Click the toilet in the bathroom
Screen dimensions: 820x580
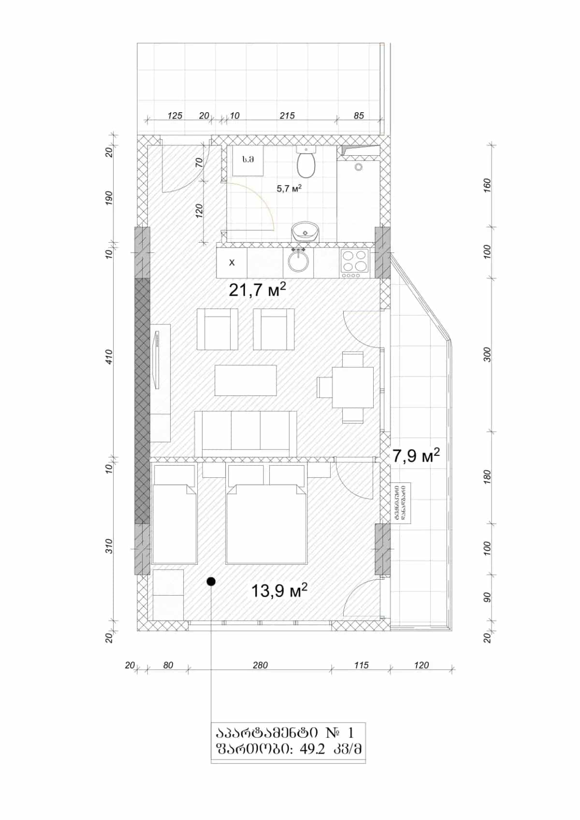pos(306,163)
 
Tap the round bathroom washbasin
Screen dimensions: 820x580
pos(305,233)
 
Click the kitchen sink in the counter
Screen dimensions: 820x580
pos(298,262)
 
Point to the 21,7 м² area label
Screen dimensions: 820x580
pos(257,290)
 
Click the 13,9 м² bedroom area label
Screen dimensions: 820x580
pos(279,590)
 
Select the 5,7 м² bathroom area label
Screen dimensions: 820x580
pos(289,189)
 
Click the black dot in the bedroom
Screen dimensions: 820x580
pos(211,581)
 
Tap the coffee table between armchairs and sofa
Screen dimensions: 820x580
pos(246,381)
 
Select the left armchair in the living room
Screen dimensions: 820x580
pos(217,330)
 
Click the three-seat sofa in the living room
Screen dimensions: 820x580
pos(246,433)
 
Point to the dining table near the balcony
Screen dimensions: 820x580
pos(352,387)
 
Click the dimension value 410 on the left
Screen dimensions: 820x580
pos(109,357)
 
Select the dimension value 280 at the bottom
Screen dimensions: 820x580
pos(260,665)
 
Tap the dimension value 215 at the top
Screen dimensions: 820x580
pos(287,116)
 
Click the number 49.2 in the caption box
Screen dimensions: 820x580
pos(312,749)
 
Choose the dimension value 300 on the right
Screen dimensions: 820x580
pos(487,354)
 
